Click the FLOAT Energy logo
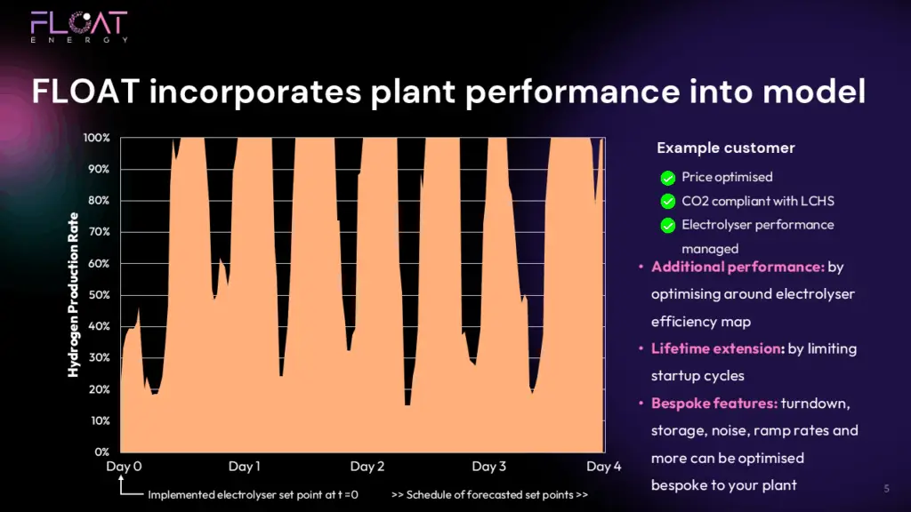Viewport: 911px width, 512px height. [x=79, y=27]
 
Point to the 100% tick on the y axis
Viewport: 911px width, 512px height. [x=96, y=138]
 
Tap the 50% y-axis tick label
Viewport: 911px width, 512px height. [x=98, y=295]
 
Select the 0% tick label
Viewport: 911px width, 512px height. [x=101, y=452]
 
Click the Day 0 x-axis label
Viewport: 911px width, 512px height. [x=124, y=466]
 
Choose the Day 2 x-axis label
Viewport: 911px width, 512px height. [x=367, y=466]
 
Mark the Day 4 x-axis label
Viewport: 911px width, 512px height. [x=604, y=466]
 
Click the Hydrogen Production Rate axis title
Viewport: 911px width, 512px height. [x=73, y=294]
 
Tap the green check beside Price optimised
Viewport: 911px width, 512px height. [x=668, y=178]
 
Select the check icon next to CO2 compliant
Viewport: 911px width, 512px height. [x=668, y=202]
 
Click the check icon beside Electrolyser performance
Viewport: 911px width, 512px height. [x=668, y=225]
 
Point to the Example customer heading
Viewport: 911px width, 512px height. [x=726, y=148]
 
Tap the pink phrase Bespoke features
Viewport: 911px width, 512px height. [x=714, y=403]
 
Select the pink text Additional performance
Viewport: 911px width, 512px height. [x=738, y=267]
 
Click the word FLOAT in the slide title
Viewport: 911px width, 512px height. [x=85, y=92]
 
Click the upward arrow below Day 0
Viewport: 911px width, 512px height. [x=121, y=485]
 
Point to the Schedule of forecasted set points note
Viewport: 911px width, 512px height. [x=489, y=494]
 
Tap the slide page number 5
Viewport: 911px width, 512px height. [x=887, y=489]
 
